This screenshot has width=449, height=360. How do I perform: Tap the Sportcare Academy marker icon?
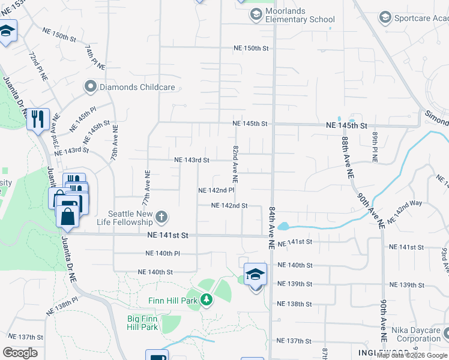pos(385,18)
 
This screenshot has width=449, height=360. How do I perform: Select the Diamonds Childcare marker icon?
pos(91,87)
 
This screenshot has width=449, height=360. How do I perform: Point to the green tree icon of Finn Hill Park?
pos(206,299)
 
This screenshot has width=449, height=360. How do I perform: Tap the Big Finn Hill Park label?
pos(142,323)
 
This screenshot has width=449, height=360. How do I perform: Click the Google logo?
pos(20,353)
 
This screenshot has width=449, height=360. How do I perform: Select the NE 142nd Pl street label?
pos(216,190)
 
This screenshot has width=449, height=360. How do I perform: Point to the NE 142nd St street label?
pos(229,206)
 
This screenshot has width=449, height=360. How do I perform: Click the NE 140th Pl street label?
pos(163,254)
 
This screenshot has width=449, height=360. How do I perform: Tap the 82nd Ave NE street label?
pos(235,164)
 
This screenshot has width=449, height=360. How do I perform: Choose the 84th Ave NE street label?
pos(272,227)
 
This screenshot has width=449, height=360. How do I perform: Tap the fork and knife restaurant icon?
pos(37,118)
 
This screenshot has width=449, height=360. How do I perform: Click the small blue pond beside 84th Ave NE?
pos(283,227)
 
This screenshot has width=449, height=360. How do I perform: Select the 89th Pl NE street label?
pos(374,149)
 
